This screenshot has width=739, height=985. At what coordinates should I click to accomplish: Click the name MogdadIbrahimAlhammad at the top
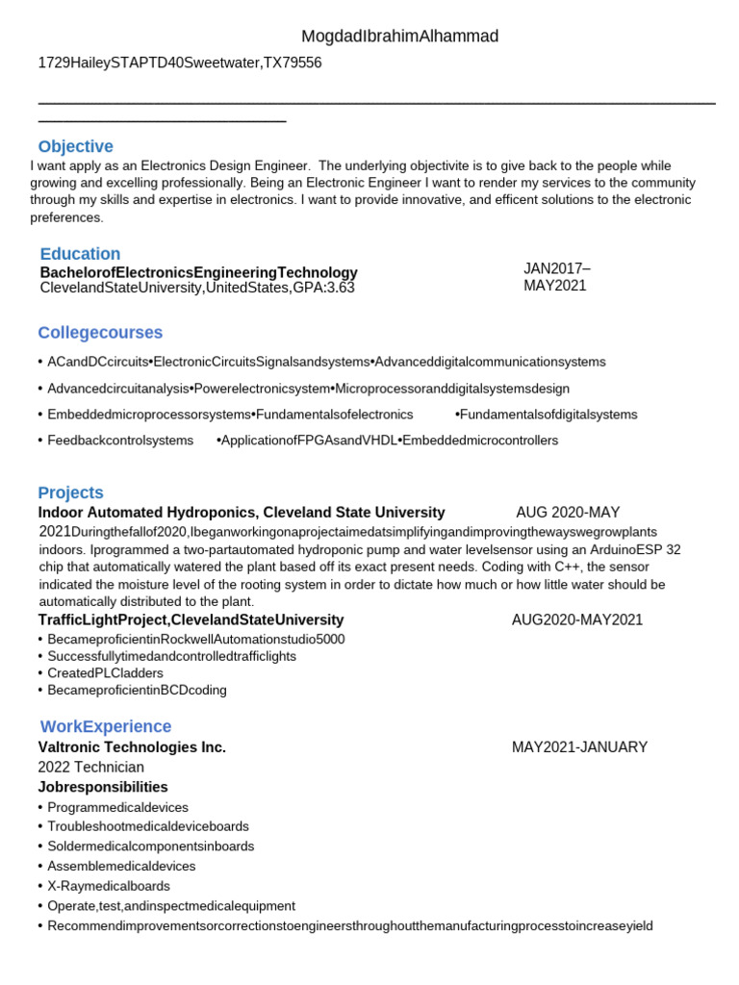pyautogui.click(x=400, y=37)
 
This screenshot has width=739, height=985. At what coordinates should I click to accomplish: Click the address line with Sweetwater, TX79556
pyautogui.click(x=180, y=63)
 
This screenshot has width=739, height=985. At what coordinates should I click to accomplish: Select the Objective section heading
pyautogui.click(x=75, y=146)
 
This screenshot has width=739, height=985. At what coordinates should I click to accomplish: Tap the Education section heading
pyautogui.click(x=80, y=254)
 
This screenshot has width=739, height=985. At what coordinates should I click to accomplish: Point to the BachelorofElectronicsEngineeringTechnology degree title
pyautogui.click(x=198, y=272)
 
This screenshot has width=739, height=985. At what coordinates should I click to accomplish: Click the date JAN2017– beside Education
pyautogui.click(x=557, y=268)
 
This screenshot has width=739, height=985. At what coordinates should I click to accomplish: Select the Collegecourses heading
pyautogui.click(x=100, y=333)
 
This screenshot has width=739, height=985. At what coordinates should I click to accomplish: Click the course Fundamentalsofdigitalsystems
pyautogui.click(x=548, y=415)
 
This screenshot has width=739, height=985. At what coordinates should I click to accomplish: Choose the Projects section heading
pyautogui.click(x=70, y=492)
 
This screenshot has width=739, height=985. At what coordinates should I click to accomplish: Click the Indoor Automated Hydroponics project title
pyautogui.click(x=242, y=513)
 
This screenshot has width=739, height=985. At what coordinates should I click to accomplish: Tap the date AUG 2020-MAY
pyautogui.click(x=568, y=513)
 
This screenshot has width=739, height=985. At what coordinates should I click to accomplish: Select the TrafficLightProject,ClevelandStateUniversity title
pyautogui.click(x=191, y=619)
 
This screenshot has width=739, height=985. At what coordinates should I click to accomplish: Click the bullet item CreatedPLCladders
pyautogui.click(x=105, y=673)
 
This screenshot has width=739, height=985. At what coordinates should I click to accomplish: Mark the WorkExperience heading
pyautogui.click(x=106, y=726)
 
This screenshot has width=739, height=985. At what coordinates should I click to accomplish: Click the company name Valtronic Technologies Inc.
pyautogui.click(x=132, y=747)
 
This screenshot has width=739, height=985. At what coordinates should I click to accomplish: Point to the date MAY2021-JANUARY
pyautogui.click(x=579, y=747)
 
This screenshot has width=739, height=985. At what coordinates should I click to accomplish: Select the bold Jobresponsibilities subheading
pyautogui.click(x=103, y=787)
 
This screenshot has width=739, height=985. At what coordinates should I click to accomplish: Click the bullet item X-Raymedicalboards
pyautogui.click(x=108, y=886)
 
